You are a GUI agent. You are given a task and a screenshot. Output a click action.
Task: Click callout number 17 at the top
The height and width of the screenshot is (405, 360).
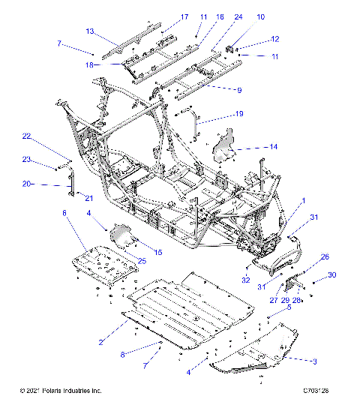(x=184, y=16)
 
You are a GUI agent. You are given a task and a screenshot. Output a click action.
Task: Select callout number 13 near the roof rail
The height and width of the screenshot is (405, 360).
(x=89, y=31)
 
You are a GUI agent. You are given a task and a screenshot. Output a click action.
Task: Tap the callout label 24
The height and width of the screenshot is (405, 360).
(x=238, y=16)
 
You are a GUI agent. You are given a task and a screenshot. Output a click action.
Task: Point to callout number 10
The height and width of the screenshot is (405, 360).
(x=260, y=16)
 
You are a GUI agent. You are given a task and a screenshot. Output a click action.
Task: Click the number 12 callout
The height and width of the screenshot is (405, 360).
(x=274, y=39)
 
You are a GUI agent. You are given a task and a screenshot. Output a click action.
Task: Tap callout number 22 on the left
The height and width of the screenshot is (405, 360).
(x=26, y=136)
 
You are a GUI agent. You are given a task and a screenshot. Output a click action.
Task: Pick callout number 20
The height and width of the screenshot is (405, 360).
(x=26, y=184)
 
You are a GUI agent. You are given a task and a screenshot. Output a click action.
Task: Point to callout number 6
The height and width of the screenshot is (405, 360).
(x=64, y=214)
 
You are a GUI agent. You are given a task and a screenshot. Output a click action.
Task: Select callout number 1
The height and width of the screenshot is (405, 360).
(x=304, y=200)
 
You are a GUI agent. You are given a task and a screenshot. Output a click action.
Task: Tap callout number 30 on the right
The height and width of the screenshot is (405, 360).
(x=332, y=274)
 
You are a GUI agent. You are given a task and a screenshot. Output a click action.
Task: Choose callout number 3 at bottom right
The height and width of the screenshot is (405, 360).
(x=314, y=361)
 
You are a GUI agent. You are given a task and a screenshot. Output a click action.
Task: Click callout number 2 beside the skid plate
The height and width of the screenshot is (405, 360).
(x=100, y=342)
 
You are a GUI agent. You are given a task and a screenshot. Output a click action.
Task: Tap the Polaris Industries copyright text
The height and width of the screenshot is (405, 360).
(x=60, y=391)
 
